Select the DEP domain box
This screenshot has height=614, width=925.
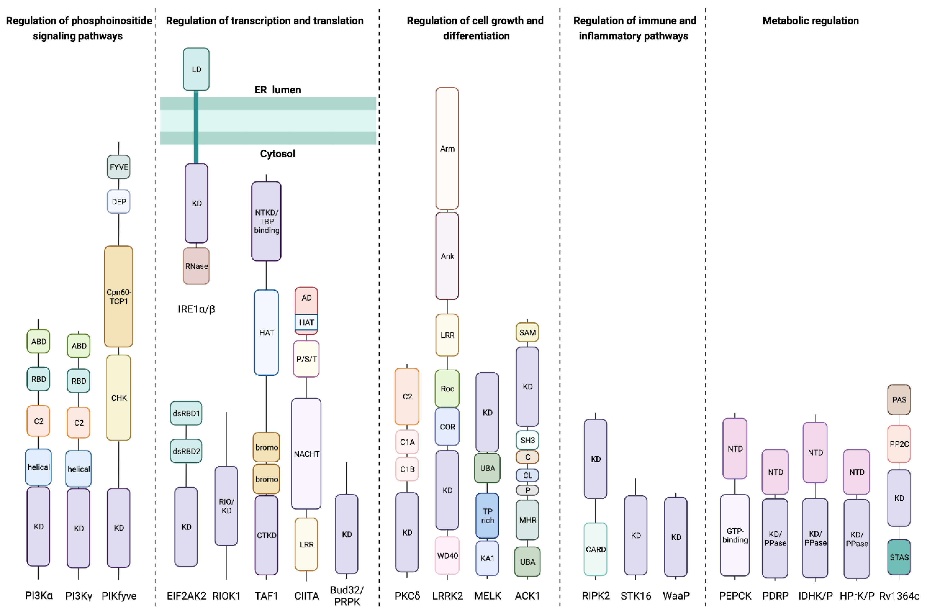pos(119,202)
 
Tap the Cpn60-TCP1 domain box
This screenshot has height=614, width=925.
pos(119,296)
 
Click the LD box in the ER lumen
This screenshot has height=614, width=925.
pos(196,69)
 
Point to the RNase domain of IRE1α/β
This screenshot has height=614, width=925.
pos(196,266)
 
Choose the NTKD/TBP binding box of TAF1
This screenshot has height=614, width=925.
pos(266,221)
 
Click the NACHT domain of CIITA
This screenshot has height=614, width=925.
pos(306,454)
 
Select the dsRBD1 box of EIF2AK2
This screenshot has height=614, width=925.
pos(186,413)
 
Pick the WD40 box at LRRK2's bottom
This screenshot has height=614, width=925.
pos(447,555)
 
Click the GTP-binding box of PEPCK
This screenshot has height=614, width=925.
pos(735,535)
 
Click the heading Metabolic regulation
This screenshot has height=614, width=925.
pos(811,21)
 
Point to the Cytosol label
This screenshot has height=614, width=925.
pos(277,154)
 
